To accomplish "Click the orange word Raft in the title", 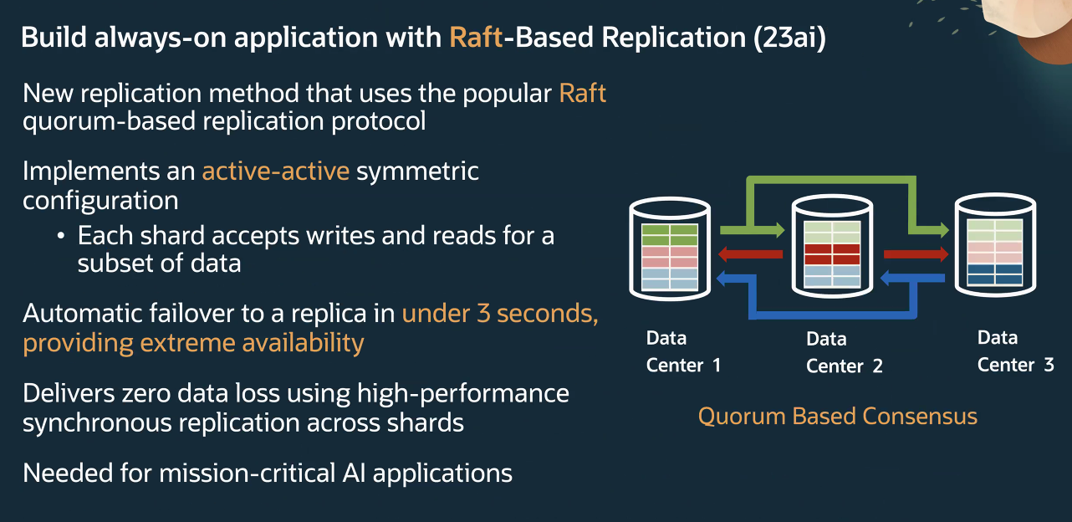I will (x=476, y=38).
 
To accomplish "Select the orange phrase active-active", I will (x=275, y=171).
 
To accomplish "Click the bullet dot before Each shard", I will (x=61, y=236).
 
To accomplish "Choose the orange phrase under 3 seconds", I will (x=500, y=315).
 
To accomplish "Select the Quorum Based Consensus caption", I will (x=837, y=416).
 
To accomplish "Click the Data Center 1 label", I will (x=683, y=351).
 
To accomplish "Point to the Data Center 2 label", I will (x=844, y=352).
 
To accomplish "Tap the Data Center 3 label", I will (x=1015, y=351).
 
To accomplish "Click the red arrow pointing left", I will (x=751, y=254).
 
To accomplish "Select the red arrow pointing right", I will (x=915, y=254).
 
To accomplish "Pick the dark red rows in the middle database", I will (x=832, y=253).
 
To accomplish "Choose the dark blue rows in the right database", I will (x=995, y=274).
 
